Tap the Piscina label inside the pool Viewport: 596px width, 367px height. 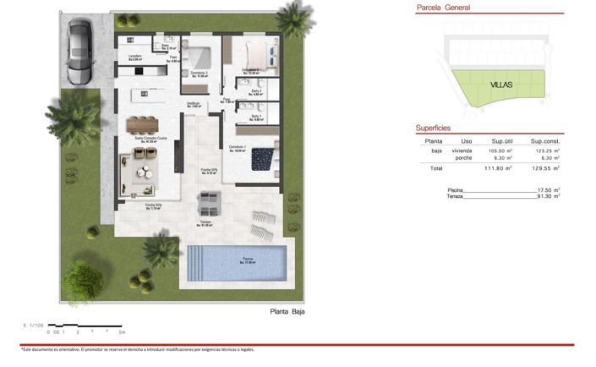click(248, 260)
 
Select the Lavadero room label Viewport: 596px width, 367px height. click(135, 58)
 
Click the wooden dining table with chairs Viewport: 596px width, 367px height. click(143, 123)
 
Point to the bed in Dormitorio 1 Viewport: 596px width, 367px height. click(264, 157)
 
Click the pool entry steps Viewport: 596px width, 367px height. click(194, 261)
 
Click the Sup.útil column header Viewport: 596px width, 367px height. click(503, 141)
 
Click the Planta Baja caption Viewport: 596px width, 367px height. click(287, 312)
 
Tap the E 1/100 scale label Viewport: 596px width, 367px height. click(34, 325)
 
